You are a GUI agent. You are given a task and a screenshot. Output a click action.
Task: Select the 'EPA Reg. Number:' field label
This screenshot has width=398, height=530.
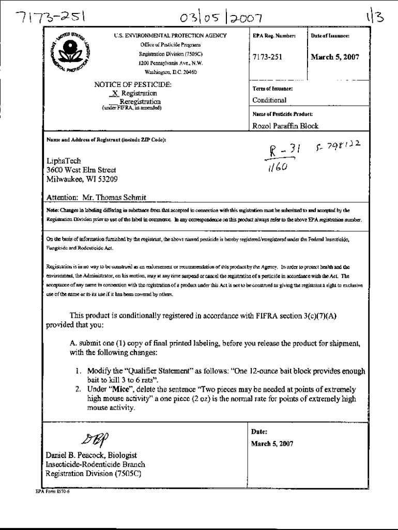click(x=267, y=36)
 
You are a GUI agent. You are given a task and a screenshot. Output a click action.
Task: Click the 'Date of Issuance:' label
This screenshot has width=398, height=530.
click(x=330, y=36)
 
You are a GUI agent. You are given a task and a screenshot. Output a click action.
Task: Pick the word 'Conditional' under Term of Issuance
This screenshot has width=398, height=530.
click(x=269, y=100)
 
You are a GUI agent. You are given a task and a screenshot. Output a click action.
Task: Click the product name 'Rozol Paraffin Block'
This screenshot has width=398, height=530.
click(x=285, y=126)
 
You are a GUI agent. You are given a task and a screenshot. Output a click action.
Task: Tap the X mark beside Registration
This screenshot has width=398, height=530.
click(x=115, y=94)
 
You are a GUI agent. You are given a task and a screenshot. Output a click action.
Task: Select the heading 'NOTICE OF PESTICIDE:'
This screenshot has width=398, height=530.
click(x=132, y=84)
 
